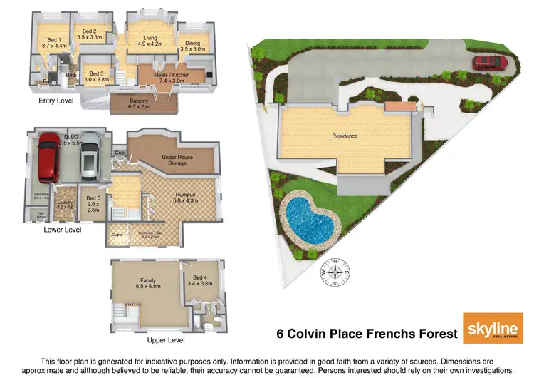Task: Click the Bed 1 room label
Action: (54, 42)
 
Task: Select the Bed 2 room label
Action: (89, 34)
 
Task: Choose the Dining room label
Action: (192, 46)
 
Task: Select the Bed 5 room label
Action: (93, 205)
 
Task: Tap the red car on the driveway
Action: (490, 62)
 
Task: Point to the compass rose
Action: (335, 272)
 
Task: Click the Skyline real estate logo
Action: (490, 330)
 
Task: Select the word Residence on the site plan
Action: (345, 136)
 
